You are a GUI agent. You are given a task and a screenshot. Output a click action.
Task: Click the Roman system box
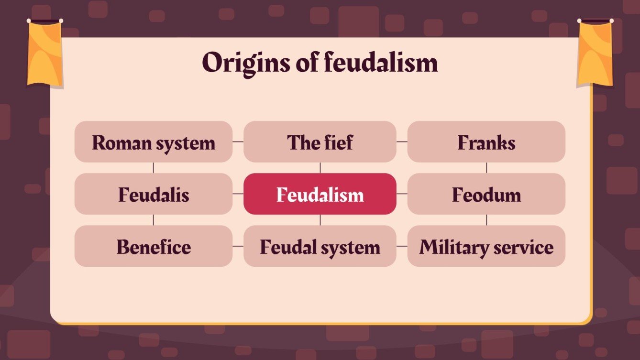coord(154,142)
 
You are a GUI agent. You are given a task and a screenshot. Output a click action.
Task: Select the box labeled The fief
coord(320,142)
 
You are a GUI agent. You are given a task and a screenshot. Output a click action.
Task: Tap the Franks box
coord(486,142)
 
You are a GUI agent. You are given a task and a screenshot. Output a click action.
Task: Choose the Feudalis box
coord(154,194)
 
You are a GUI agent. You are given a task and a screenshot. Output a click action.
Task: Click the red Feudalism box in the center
coord(320,194)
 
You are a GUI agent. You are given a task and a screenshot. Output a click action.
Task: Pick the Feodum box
coord(486,194)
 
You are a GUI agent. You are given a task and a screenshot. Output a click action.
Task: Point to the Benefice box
coord(154,246)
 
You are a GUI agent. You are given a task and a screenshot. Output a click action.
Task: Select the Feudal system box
coord(320,246)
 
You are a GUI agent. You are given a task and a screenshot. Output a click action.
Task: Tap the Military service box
coord(486,246)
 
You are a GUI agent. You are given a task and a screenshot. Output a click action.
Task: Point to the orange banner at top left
coord(45,53)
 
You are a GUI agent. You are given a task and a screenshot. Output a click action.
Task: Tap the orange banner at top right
coord(595,53)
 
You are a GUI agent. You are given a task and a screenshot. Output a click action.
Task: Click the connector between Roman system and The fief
coord(238,142)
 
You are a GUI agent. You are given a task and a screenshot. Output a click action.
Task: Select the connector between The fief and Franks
coord(402,142)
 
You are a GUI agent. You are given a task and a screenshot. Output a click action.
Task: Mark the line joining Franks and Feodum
coord(486,168)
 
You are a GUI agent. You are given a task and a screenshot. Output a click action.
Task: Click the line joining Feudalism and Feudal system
coord(320,220)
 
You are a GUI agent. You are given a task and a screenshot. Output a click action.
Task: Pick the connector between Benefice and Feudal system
coord(238,246)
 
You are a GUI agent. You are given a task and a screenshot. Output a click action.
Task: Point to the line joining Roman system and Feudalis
coord(154,168)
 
